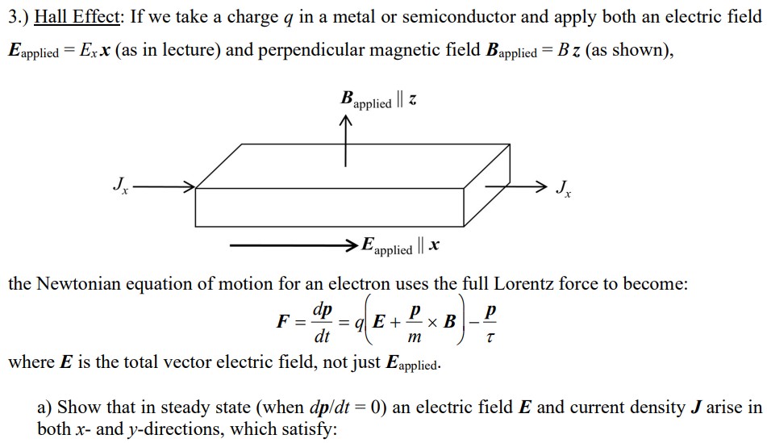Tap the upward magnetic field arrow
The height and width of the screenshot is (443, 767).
[x=345, y=141]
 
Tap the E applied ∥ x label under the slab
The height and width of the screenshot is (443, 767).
[x=400, y=245]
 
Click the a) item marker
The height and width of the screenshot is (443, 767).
[x=45, y=407]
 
